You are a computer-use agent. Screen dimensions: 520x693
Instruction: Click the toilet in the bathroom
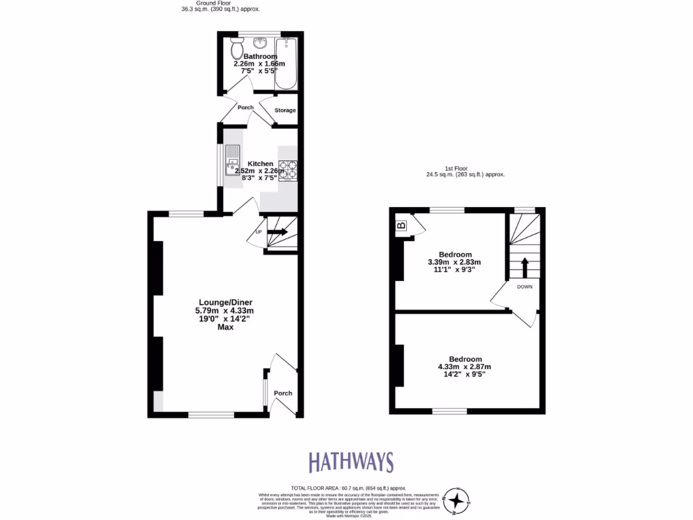click(237, 49)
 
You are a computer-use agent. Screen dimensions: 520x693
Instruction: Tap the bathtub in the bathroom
click(286, 64)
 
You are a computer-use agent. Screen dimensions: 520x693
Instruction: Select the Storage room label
click(285, 110)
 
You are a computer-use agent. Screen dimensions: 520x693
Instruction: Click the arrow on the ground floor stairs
click(277, 233)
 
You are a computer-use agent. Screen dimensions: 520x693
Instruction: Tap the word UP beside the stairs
click(259, 232)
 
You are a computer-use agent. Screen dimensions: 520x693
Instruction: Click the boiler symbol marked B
click(401, 225)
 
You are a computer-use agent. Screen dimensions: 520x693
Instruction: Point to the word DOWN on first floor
click(524, 286)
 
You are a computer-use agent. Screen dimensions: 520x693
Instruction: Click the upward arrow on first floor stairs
click(524, 267)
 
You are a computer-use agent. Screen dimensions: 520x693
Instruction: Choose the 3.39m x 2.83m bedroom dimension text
click(455, 263)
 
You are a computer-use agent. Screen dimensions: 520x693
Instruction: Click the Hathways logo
click(351, 462)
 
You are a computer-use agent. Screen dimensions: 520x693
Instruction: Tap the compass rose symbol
click(459, 500)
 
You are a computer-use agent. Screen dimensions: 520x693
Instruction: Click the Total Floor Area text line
click(348, 487)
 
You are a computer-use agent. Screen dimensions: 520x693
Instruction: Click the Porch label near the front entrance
click(283, 393)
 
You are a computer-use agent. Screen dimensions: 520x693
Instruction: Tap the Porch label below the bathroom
click(245, 108)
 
